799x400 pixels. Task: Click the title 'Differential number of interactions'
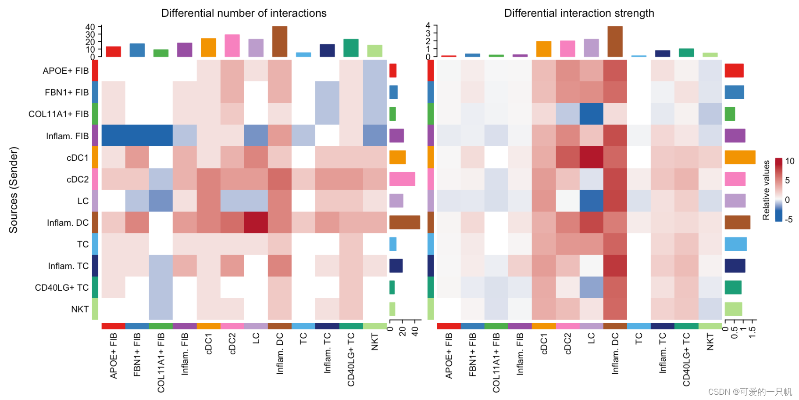coord(244,13)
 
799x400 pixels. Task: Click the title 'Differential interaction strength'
coord(579,13)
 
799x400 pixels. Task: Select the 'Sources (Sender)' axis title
coord(14,190)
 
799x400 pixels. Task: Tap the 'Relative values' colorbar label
coord(766,190)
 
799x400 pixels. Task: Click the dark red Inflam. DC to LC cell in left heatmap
coord(256,222)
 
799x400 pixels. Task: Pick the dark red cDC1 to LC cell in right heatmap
coord(591,157)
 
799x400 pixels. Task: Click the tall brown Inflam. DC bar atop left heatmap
coord(280,41)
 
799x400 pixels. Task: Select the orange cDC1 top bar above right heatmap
coord(544,49)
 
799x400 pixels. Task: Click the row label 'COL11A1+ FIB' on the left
coord(58,114)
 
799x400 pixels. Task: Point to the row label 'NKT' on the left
coord(80,309)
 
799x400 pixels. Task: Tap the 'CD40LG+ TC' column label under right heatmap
coord(686,360)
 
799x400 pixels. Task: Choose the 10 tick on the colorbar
coord(790,161)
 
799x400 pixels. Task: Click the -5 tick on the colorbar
coord(789,219)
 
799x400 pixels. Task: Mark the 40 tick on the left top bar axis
coord(90,27)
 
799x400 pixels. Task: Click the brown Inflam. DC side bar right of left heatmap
coord(404,222)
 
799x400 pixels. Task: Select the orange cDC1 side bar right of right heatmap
coord(740,157)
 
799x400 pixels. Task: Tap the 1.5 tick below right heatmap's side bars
coord(753,332)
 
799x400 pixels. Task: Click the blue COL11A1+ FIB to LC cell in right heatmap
coord(591,114)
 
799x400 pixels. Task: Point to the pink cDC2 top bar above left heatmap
coord(232,46)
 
